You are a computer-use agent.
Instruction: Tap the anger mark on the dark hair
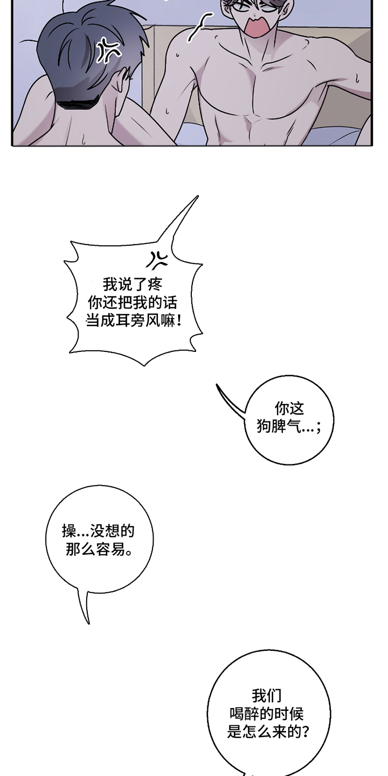(109, 51)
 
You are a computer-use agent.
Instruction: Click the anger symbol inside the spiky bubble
(157, 260)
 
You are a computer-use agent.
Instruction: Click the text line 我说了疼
(133, 285)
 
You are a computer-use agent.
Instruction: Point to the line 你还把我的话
(133, 303)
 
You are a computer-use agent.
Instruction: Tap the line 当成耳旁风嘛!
(134, 321)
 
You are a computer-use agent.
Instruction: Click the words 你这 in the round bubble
(289, 408)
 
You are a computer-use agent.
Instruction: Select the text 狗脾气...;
(289, 426)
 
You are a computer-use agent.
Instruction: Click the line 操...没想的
(99, 531)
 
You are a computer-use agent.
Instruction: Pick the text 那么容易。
(99, 550)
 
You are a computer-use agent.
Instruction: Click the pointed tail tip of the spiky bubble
(198, 196)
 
